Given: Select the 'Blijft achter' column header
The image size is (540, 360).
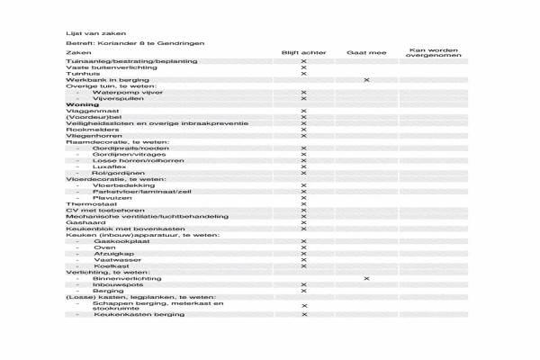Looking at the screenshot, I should (303, 53).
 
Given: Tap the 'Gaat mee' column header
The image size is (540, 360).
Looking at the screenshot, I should (365, 53).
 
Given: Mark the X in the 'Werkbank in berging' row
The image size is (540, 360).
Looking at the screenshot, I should (366, 80).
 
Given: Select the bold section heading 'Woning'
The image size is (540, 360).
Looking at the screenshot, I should (82, 104).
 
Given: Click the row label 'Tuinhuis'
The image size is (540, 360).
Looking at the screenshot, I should (82, 74).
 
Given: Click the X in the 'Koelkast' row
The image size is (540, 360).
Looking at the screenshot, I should (303, 266).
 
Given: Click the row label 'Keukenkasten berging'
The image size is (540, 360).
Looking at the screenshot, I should (136, 314).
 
